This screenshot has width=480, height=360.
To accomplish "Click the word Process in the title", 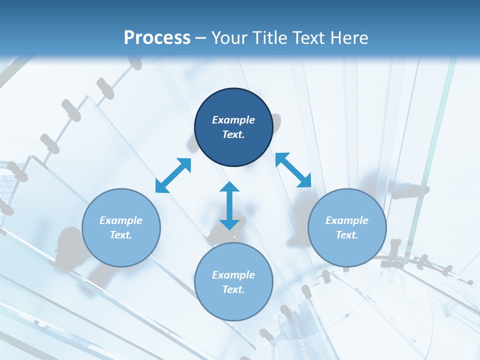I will coord(157,38).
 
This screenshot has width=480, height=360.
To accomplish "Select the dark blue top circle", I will coord(233,127).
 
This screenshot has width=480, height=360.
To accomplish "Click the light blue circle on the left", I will coord(121,227).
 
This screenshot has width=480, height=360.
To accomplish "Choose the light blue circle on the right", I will coord(347,227).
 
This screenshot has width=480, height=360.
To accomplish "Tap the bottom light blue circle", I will coord(233,282).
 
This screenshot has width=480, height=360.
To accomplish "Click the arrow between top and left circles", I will coord(173,175).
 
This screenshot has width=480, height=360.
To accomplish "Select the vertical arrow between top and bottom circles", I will coord(229,205).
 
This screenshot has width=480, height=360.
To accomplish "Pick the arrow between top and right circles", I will coord(293,170).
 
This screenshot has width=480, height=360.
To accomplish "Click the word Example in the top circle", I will coord(233,120).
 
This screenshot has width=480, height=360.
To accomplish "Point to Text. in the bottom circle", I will coord(233,289).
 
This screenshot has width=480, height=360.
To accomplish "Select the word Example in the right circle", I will coord(347,220).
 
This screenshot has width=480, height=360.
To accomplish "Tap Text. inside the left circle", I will coord(121,235).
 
